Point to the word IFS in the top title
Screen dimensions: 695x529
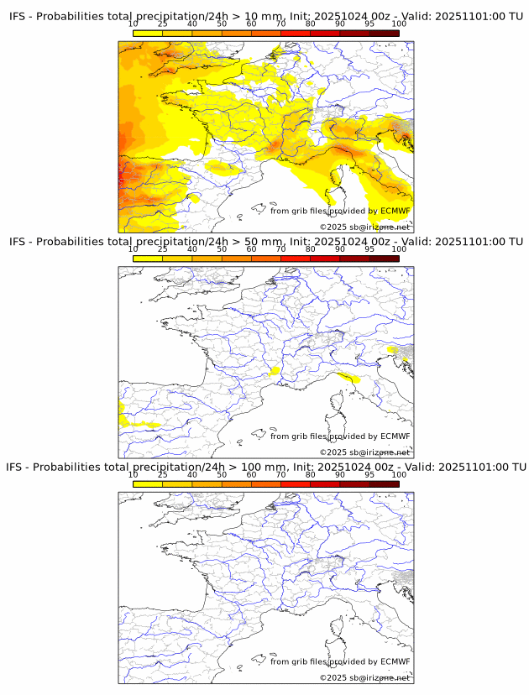[19, 17]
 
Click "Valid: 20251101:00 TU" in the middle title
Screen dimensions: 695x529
[458, 242]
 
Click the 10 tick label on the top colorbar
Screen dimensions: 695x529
[134, 25]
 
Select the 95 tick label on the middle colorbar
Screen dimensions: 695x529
[369, 249]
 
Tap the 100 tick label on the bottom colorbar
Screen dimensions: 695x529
[399, 474]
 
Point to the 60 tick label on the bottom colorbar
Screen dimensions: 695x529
[251, 474]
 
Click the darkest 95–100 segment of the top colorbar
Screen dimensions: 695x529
[384, 34]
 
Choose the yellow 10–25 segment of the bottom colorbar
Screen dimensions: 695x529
[148, 483]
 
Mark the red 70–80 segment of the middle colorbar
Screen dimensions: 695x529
[295, 259]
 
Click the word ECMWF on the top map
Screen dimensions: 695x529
[395, 211]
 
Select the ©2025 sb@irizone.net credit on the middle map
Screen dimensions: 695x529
[364, 452]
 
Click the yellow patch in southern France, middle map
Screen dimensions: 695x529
[274, 370]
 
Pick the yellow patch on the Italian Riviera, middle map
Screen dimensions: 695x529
[347, 377]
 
